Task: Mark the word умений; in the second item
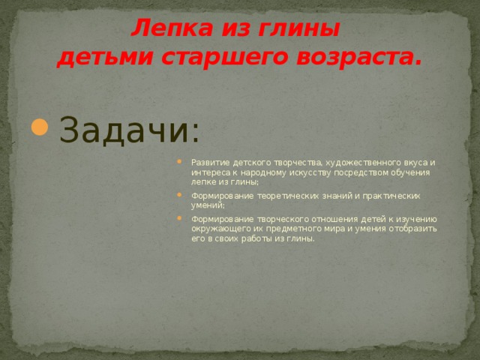208,205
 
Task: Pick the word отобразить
412,229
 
